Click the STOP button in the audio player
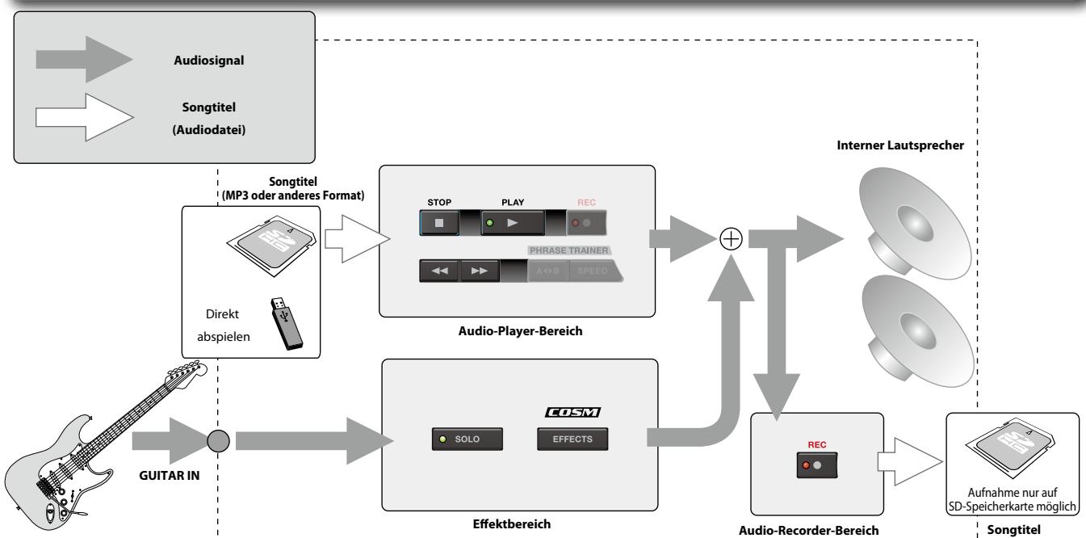(439, 223)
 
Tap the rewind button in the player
(439, 271)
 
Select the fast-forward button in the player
(479, 271)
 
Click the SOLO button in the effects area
(468, 439)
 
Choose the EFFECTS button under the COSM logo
(572, 439)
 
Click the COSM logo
(573, 412)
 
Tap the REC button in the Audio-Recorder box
(817, 465)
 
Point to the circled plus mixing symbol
(731, 239)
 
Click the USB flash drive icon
(286, 324)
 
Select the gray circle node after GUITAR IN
(218, 441)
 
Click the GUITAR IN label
(170, 476)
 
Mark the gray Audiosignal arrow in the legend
(84, 59)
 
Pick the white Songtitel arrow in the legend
(84, 117)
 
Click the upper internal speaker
(914, 224)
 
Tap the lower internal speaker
(917, 331)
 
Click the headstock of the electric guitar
(187, 372)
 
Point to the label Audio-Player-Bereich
(520, 331)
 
